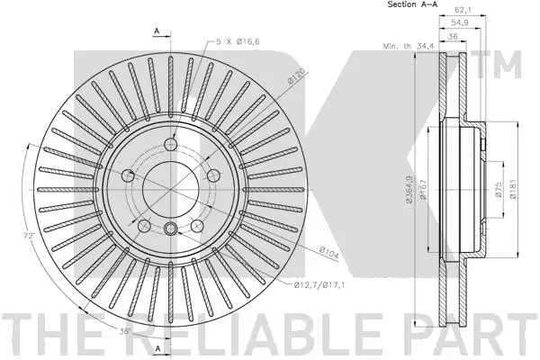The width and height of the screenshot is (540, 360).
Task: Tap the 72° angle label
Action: point(30,236)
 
